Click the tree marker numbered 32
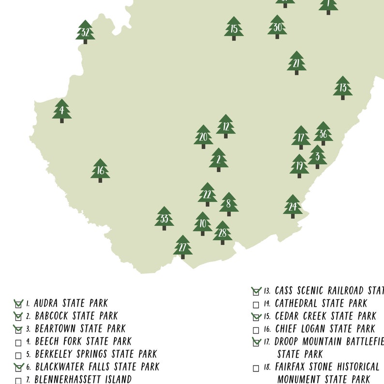(85, 32)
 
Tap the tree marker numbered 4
(62, 111)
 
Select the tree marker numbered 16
(100, 170)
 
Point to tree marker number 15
(234, 29)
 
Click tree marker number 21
(296, 63)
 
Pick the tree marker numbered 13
(343, 88)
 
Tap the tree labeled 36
(323, 133)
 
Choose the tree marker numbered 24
(293, 207)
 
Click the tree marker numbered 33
(164, 218)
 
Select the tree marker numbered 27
(183, 247)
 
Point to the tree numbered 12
(226, 126)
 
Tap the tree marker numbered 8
(229, 204)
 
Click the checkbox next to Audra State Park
(18, 304)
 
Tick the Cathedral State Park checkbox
(256, 305)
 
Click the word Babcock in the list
(51, 316)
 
